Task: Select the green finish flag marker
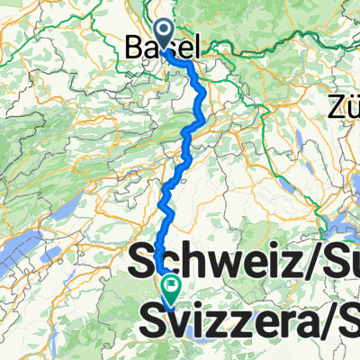point(171,287)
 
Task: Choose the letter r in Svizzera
point(280,321)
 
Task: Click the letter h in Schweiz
point(192,262)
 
